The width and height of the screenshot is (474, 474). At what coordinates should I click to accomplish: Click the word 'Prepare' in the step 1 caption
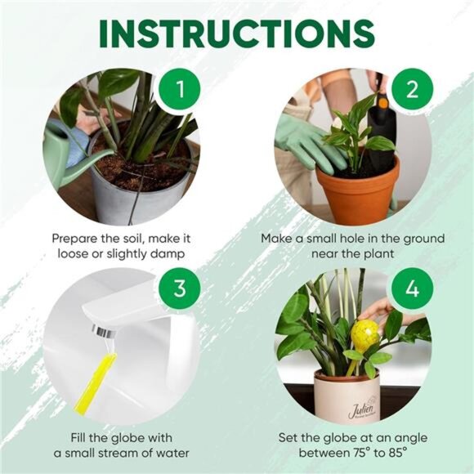[x=77, y=239]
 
